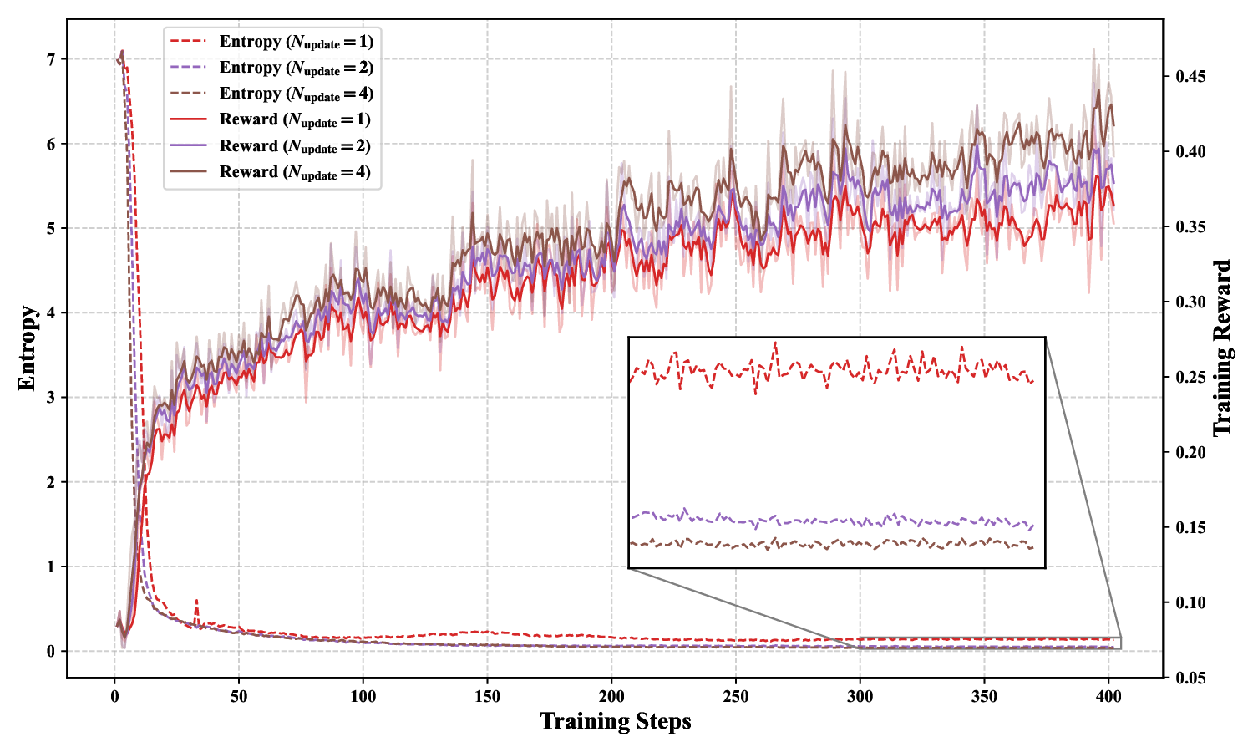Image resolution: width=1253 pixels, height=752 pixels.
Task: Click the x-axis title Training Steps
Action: point(616,721)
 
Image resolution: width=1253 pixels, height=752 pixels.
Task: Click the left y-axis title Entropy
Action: point(27,348)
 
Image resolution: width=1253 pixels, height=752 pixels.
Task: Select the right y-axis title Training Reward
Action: point(1222,348)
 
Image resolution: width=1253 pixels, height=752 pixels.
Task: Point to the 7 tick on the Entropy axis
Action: point(51,60)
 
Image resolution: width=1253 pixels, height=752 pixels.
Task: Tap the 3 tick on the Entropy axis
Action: point(51,398)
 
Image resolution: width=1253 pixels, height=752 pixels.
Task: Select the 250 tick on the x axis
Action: point(735,695)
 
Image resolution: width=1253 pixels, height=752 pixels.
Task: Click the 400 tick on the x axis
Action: point(1108,695)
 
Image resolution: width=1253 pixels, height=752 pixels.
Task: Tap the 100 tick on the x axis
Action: point(363,695)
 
